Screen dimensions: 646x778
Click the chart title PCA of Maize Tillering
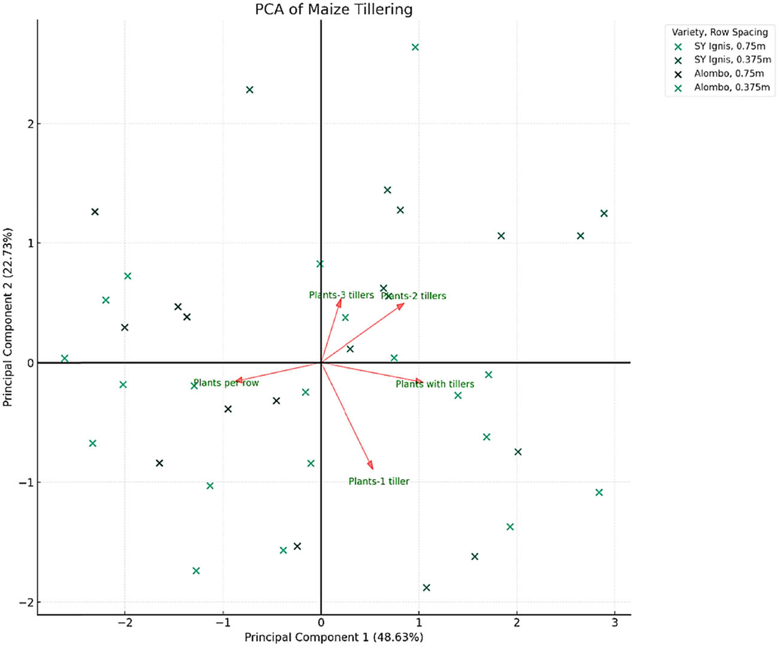pos(333,10)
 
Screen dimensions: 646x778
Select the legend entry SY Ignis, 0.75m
pos(729,46)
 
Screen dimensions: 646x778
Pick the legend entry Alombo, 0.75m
pos(728,74)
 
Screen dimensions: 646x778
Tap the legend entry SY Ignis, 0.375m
pos(732,60)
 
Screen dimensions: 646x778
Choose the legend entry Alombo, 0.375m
pos(731,87)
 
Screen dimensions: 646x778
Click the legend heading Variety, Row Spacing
pos(719,32)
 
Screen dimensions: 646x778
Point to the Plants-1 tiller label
pos(379,481)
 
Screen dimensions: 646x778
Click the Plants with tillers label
pos(434,384)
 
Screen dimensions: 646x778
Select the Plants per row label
pos(226,383)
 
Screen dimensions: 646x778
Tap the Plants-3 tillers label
pos(341,295)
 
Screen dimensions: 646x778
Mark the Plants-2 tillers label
pos(414,295)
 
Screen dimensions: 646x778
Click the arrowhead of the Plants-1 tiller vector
pos(371,466)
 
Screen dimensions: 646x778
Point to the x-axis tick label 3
pos(615,623)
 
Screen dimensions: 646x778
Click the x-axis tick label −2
pos(124,623)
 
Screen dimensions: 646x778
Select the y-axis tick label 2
pos(31,124)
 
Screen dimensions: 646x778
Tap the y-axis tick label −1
pos(27,483)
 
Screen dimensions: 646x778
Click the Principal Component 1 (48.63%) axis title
pos(333,637)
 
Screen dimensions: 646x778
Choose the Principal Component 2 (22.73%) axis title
pos(8,317)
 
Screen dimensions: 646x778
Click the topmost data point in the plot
pos(415,47)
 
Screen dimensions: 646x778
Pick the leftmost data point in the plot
pos(65,359)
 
